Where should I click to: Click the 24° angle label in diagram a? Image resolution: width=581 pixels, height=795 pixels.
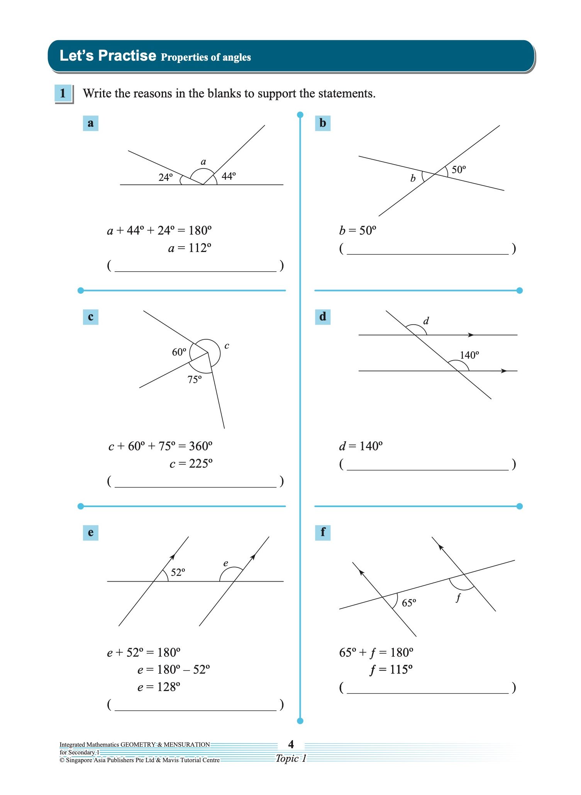click(x=166, y=177)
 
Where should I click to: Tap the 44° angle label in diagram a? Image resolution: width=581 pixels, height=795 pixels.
click(x=229, y=176)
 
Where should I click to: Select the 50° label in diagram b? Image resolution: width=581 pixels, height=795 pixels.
click(x=459, y=170)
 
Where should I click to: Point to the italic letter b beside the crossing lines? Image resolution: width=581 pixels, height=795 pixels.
click(x=413, y=178)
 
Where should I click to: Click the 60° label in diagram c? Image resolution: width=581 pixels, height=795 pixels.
click(x=179, y=352)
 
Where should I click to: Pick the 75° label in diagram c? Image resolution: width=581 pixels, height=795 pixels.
click(x=195, y=380)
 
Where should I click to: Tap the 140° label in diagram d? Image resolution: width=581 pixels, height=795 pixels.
click(x=469, y=355)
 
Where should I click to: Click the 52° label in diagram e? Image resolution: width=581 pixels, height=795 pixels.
click(x=178, y=572)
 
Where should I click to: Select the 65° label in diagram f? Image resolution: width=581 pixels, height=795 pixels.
click(x=409, y=603)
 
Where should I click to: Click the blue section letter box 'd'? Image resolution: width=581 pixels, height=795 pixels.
click(x=323, y=317)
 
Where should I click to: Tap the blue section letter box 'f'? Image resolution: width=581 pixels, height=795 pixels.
click(x=323, y=532)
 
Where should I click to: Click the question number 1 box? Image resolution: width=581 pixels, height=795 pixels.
click(x=63, y=94)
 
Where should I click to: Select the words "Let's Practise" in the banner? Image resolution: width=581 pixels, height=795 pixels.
click(x=108, y=56)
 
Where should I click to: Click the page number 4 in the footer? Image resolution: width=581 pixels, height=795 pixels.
click(x=291, y=744)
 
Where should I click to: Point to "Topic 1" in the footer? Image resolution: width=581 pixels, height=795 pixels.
click(x=291, y=758)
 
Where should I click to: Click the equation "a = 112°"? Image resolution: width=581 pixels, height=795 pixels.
click(x=190, y=248)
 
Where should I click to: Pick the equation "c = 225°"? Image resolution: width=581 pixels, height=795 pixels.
click(x=191, y=463)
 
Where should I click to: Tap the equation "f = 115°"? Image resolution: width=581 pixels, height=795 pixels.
click(x=391, y=669)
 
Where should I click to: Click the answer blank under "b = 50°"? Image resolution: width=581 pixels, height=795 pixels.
click(x=427, y=249)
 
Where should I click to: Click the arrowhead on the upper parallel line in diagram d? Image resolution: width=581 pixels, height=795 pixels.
click(x=471, y=335)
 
